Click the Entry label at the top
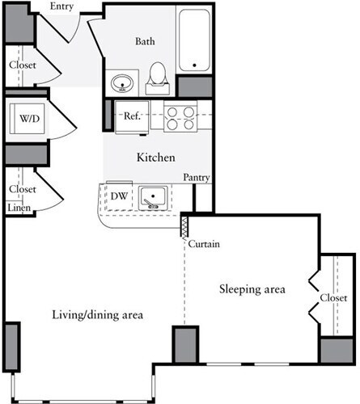coord(61,6)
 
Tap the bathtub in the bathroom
coord(195,40)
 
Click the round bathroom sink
coord(124,82)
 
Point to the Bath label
coord(146,41)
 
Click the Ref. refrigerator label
coord(133,116)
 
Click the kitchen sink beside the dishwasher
coord(153,196)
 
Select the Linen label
coord(19,208)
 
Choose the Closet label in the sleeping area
coord(332,297)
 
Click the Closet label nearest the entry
coord(23,65)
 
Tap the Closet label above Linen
coord(23,189)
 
